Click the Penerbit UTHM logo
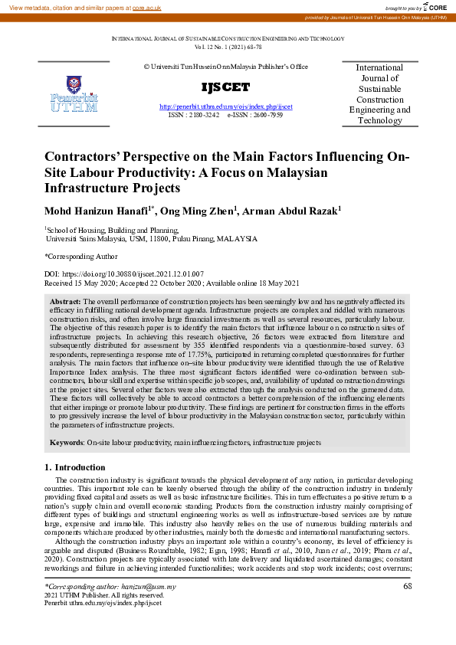click(74, 93)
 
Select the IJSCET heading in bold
click(225, 86)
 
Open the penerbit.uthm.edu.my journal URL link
click(225, 106)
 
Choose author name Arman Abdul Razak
click(290, 211)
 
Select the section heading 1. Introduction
click(74, 467)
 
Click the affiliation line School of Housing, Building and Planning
click(112, 229)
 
